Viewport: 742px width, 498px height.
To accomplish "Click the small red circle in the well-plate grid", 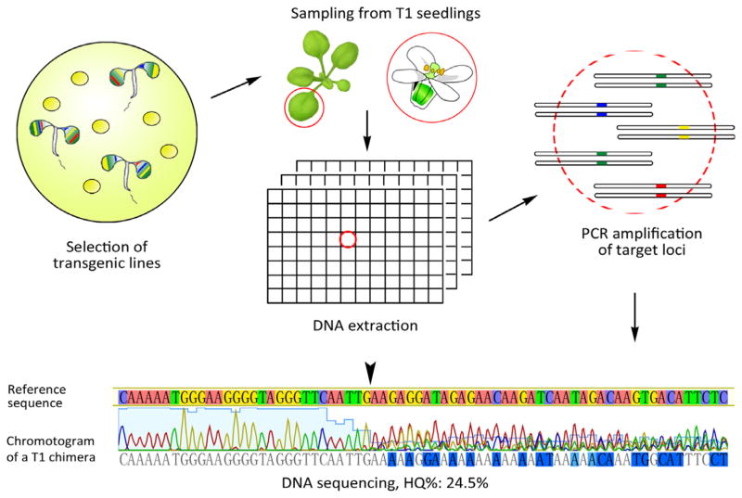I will pos(348,240).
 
